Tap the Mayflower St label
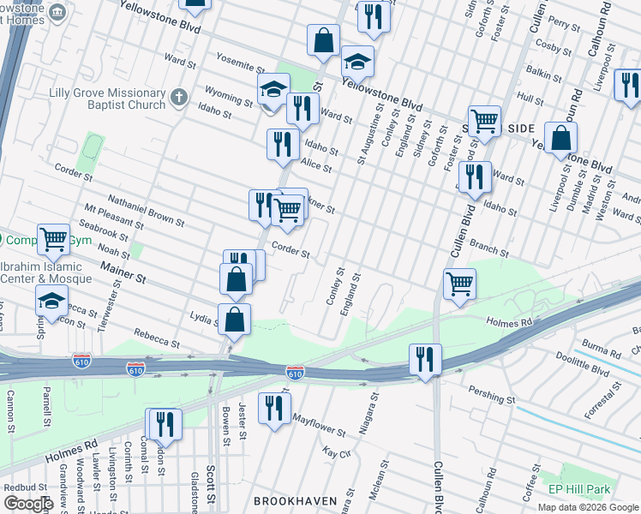319,427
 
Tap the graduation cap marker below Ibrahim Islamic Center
51,301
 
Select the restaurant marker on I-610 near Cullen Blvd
425,358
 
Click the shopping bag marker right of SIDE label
560,137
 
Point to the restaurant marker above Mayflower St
273,406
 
